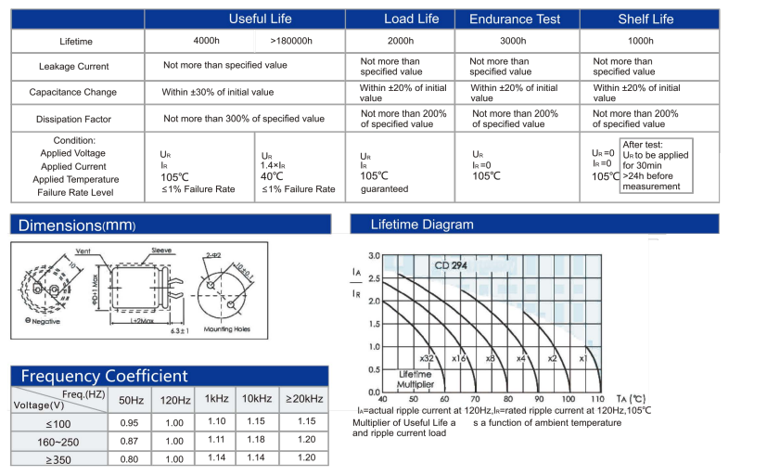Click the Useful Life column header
pos(260,19)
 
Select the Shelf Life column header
pos(646,19)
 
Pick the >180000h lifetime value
pos(291,41)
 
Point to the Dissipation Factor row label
pos(73,119)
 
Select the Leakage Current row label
pos(73,67)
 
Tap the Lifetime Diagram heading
pos(421,225)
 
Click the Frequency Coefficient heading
pos(104,376)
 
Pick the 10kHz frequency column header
pos(255,399)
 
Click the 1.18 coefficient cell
pos(255,440)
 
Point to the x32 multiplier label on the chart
pos(427,358)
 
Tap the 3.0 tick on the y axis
pos(374,255)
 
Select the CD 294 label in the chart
pos(450,265)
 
